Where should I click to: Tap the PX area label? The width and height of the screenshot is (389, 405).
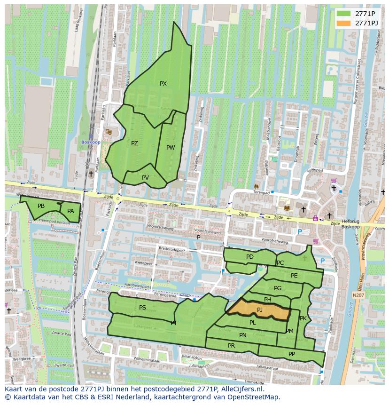pyautogui.click(x=163, y=84)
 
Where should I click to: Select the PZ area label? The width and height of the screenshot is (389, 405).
pyautogui.click(x=134, y=143)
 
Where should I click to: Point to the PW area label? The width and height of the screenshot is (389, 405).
pyautogui.click(x=171, y=148)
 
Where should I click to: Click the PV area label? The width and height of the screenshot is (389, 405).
pyautogui.click(x=145, y=177)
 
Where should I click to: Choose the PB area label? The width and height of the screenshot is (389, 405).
pyautogui.click(x=41, y=206)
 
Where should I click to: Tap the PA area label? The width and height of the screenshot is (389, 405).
pyautogui.click(x=70, y=211)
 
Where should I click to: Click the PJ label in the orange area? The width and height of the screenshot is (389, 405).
pyautogui.click(x=260, y=310)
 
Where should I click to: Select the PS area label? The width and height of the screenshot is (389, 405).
pyautogui.click(x=142, y=308)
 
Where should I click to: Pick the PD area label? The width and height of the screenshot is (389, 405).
pyautogui.click(x=249, y=257)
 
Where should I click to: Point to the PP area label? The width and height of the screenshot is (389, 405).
pyautogui.click(x=292, y=354)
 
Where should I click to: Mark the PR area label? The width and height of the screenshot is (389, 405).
pyautogui.click(x=231, y=345)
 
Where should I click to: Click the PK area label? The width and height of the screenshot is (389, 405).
pyautogui.click(x=303, y=318)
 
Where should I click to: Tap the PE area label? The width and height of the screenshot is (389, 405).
pyautogui.click(x=294, y=276)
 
